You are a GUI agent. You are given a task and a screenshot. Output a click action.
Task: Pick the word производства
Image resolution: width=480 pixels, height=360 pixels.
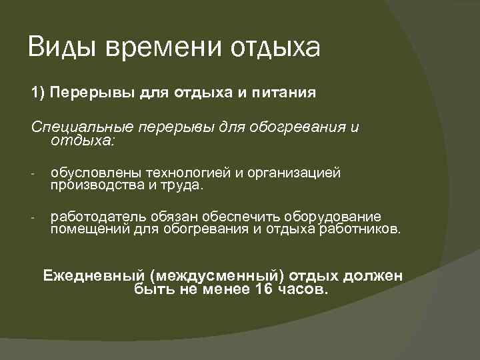pyautogui.click(x=93, y=185)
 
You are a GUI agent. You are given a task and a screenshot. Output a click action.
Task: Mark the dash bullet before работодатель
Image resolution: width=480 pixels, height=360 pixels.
pyautogui.click(x=32, y=219)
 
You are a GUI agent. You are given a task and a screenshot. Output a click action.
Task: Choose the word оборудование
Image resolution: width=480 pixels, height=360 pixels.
pyautogui.click(x=333, y=217)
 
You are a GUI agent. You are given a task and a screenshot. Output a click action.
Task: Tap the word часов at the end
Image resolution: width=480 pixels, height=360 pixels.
pyautogui.click(x=305, y=289)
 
